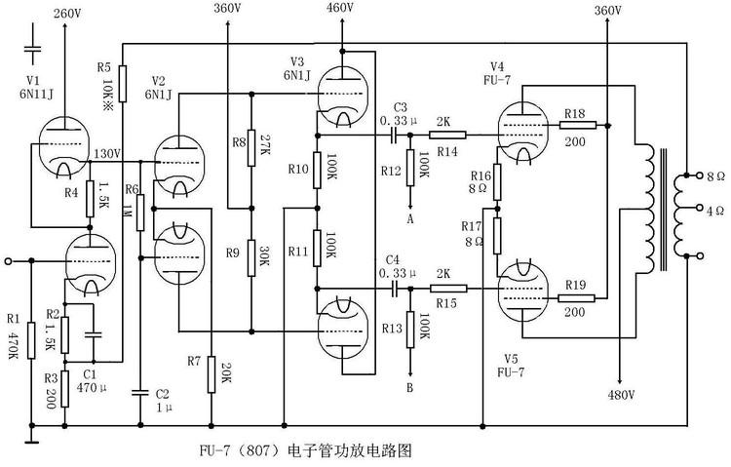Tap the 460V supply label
tap(340, 9)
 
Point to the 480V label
tap(621, 395)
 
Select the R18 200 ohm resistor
tap(574, 125)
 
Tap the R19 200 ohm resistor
tap(574, 289)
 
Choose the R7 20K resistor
tap(211, 373)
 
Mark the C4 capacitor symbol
tap(395, 289)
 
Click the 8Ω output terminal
tap(689, 176)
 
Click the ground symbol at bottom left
tap(31, 440)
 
